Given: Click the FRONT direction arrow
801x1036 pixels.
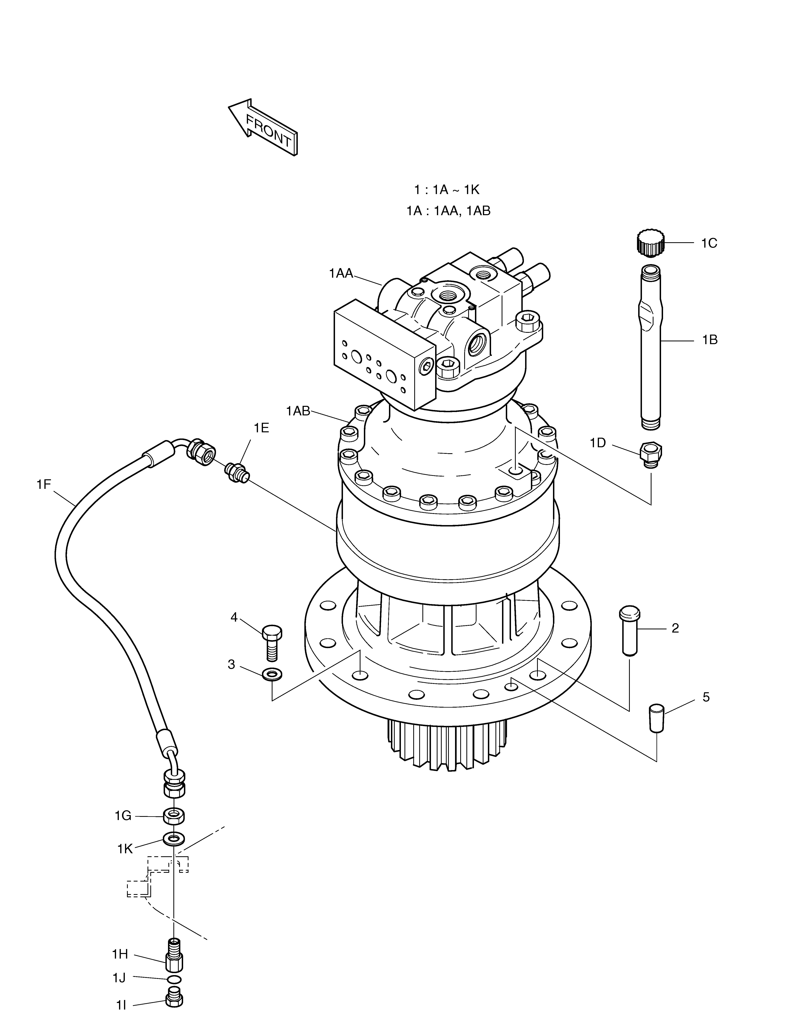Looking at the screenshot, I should [x=264, y=127].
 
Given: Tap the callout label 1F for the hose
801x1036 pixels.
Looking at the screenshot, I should [x=44, y=484].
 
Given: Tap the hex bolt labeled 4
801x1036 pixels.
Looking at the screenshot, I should [x=272, y=641].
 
